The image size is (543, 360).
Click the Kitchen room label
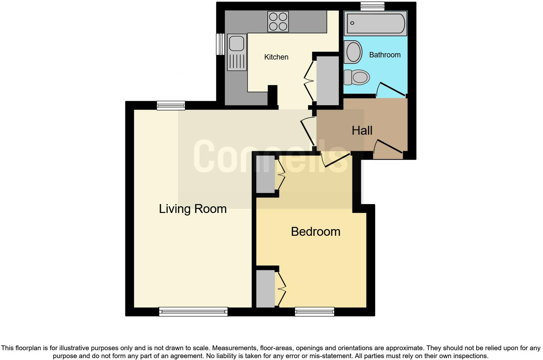tap(276, 57)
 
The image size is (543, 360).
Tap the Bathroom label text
tap(385, 55)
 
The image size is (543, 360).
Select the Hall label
tap(362, 131)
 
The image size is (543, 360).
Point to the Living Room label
tap(193, 209)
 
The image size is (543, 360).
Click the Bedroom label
tap(316, 232)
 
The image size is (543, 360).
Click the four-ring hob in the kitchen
tap(278, 22)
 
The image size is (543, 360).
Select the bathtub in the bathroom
tap(375, 23)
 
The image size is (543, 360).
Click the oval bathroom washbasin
tap(354, 52)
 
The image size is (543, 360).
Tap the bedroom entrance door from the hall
tap(336, 160)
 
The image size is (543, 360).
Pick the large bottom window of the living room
tap(193, 312)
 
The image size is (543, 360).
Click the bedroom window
tap(315, 312)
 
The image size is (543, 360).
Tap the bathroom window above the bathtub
tap(372, 6)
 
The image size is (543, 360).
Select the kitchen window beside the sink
tap(220, 44)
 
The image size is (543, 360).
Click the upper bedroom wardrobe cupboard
tap(265, 174)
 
